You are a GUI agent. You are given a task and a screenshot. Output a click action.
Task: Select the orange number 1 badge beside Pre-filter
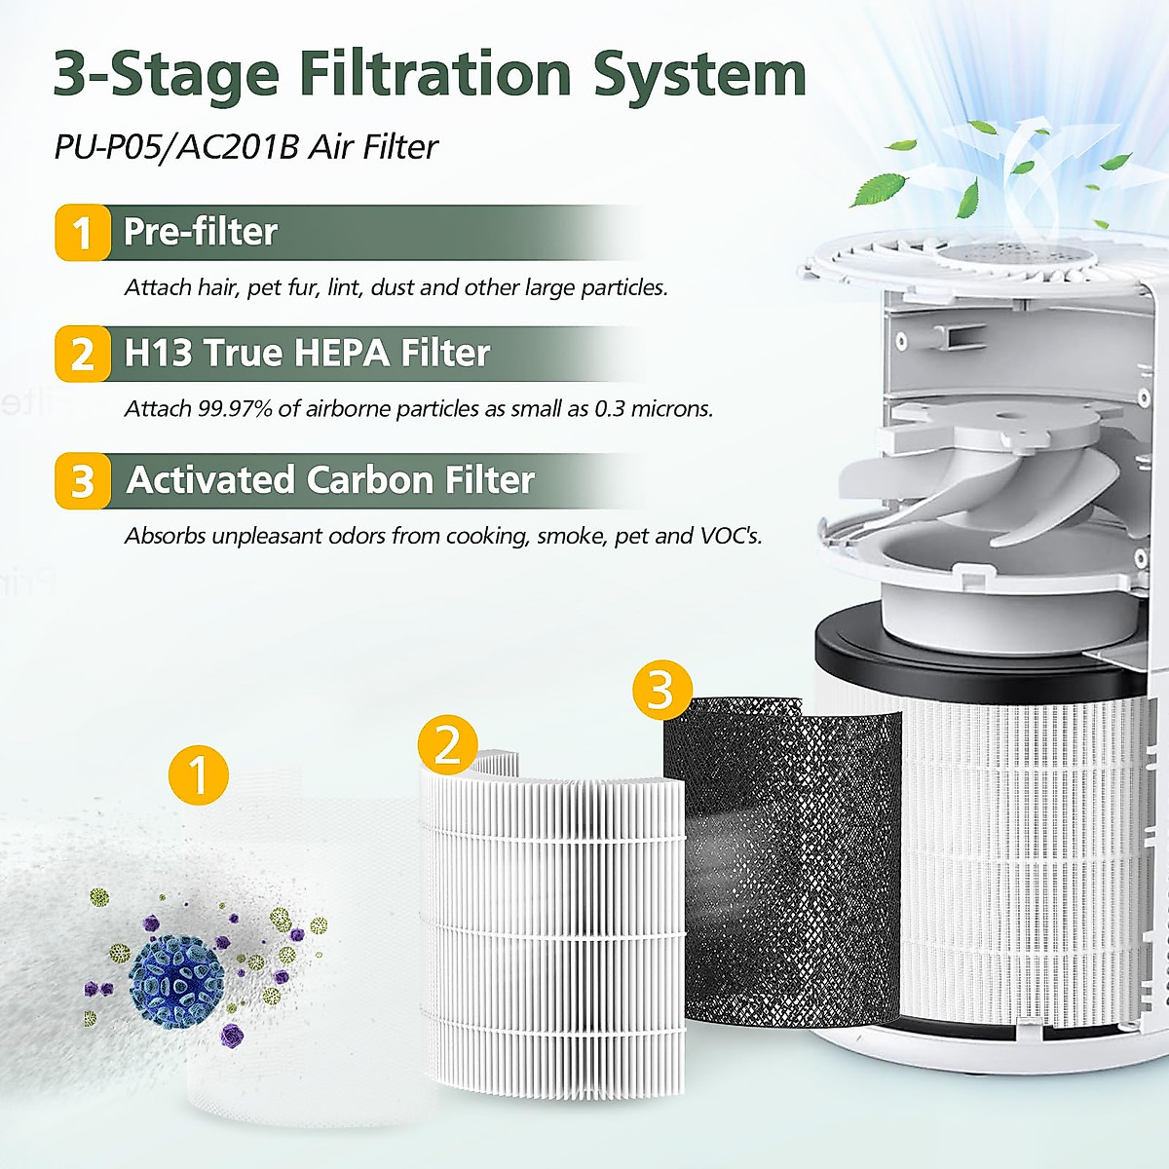click(x=82, y=233)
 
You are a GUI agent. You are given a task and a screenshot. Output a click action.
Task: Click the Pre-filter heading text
click(x=201, y=232)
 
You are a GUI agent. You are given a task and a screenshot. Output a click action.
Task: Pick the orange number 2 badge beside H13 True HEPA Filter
click(x=82, y=354)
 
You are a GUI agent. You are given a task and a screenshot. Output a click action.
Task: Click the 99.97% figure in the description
click(x=235, y=408)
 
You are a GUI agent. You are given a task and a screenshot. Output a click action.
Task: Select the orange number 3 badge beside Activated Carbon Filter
click(x=82, y=481)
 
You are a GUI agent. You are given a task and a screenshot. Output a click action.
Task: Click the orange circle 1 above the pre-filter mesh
click(x=199, y=775)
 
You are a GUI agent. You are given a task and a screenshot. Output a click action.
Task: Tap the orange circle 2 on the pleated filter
click(x=448, y=745)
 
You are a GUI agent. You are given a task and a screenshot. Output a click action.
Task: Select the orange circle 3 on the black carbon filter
click(x=662, y=691)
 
